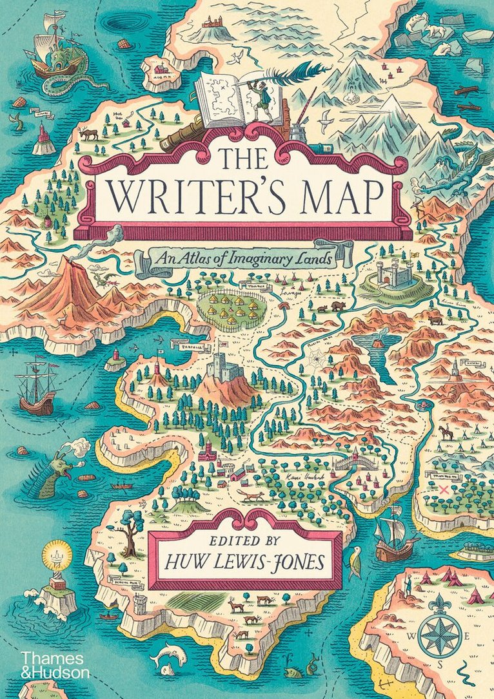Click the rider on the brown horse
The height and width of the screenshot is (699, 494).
446,432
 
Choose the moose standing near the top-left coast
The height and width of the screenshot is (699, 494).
88,134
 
